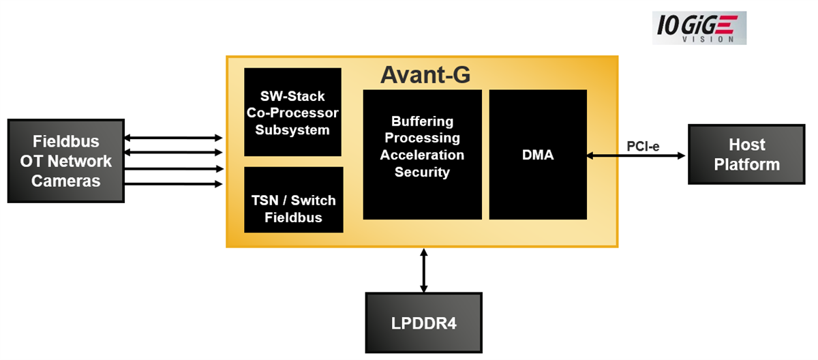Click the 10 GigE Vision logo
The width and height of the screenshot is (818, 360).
[699, 28]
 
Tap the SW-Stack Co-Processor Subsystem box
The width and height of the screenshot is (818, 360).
[292, 112]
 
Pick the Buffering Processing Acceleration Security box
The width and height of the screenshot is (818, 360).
[422, 155]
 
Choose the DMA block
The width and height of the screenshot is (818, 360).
[537, 155]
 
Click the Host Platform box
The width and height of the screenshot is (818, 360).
[747, 155]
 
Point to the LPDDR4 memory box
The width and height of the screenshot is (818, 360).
[423, 322]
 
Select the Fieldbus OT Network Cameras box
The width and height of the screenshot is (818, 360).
[65, 161]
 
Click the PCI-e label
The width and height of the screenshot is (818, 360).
[643, 146]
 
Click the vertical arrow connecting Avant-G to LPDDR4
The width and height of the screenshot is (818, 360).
[424, 270]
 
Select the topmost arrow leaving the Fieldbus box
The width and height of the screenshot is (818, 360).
[174, 138]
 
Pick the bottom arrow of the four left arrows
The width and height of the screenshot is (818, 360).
[174, 183]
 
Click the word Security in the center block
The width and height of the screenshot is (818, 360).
[422, 172]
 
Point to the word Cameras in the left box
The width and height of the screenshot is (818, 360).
[65, 181]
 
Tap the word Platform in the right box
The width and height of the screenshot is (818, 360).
[747, 164]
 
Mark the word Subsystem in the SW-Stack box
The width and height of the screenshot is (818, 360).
[292, 130]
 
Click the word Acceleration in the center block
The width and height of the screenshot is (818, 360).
[422, 155]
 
